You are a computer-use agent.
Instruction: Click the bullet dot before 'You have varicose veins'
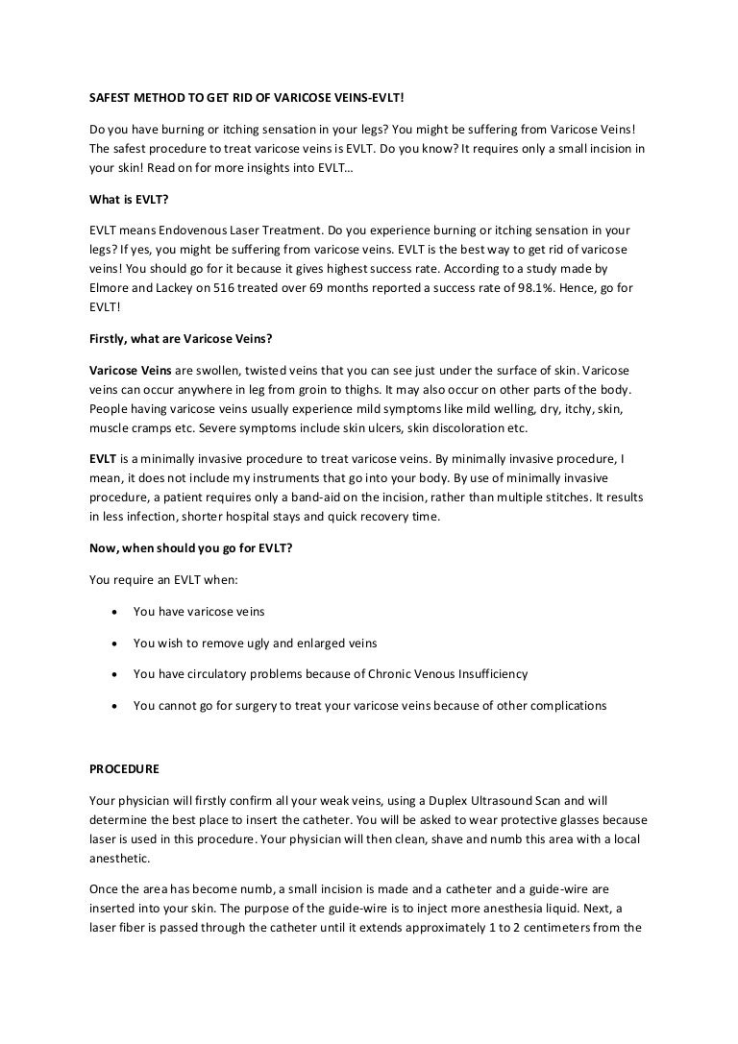(x=115, y=612)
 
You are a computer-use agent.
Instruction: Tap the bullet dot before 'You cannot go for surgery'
(x=115, y=706)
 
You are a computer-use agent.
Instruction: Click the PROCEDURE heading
(x=124, y=769)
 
